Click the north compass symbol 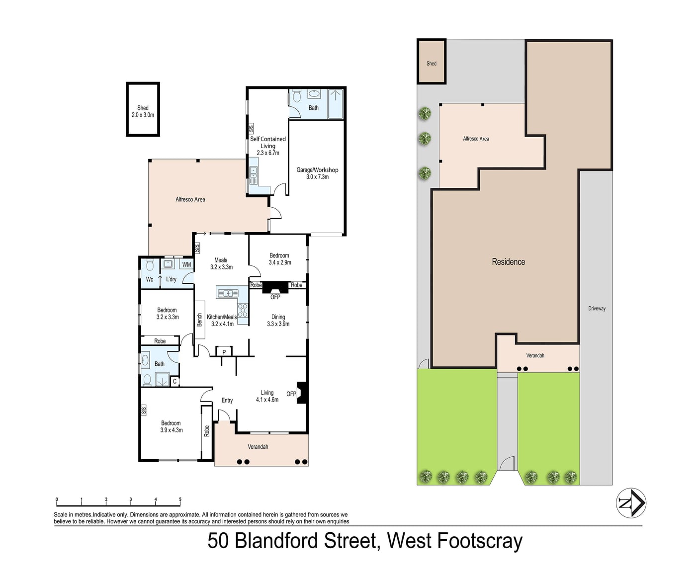(631, 503)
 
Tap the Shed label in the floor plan (143, 108)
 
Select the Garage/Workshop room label (317, 169)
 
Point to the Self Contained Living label (268, 142)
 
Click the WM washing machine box (186, 264)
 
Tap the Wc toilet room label (149, 279)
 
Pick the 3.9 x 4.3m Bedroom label (171, 426)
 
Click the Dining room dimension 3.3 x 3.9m (278, 324)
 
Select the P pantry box (224, 352)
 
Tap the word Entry (227, 401)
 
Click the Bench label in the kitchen (199, 320)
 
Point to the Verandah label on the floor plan (258, 446)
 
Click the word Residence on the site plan (509, 261)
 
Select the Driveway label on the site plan (597, 308)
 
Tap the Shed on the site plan (432, 62)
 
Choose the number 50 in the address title (218, 541)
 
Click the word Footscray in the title (480, 541)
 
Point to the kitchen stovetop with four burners (243, 310)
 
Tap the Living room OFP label (291, 394)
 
